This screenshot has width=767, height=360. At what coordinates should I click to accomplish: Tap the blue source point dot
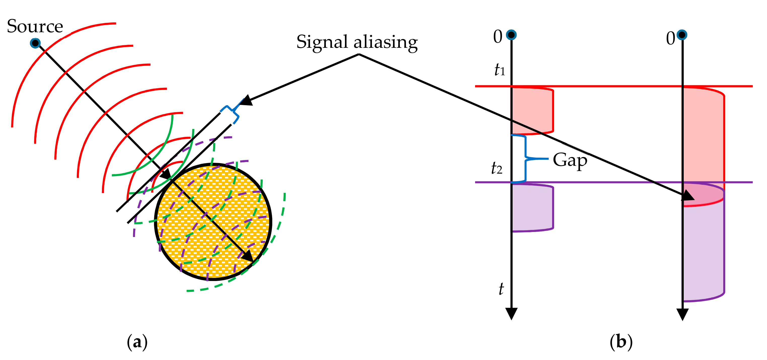pyautogui.click(x=35, y=43)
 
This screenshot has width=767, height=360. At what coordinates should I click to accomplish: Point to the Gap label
pyautogui.click(x=570, y=160)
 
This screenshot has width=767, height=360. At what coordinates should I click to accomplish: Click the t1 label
pyautogui.click(x=499, y=70)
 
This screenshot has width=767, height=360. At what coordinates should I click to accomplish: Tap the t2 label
pyautogui.click(x=496, y=168)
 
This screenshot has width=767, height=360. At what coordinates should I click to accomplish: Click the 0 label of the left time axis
pyautogui.click(x=497, y=37)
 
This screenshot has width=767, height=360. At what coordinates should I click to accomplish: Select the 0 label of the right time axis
pyautogui.click(x=671, y=39)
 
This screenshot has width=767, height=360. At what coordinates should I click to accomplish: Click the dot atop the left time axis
pyautogui.click(x=511, y=35)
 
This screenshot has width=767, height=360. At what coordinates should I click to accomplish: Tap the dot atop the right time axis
pyautogui.click(x=682, y=35)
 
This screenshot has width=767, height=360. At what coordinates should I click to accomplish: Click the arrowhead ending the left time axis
pyautogui.click(x=511, y=313)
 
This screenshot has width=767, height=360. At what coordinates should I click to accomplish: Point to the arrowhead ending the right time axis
pyautogui.click(x=682, y=314)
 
